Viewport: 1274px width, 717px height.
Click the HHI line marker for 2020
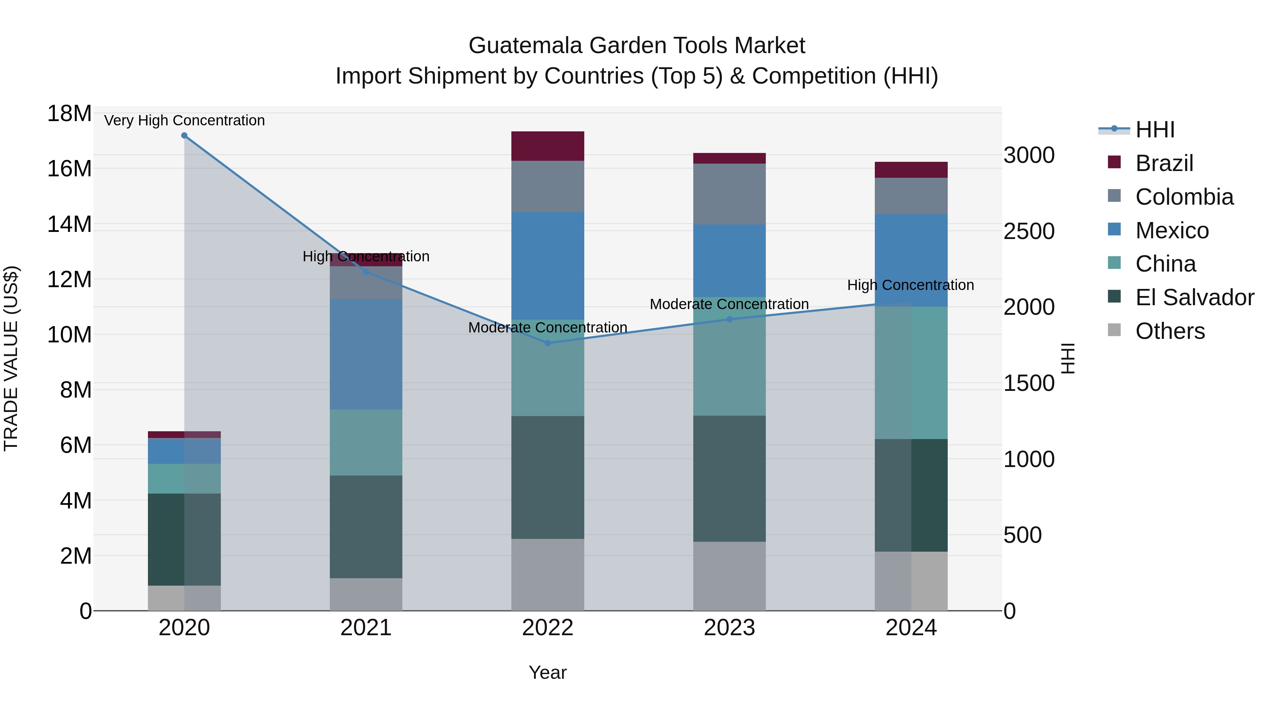pyautogui.click(x=184, y=135)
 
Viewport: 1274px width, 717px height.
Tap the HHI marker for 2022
pyautogui.click(x=547, y=343)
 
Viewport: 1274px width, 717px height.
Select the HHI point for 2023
pyautogui.click(x=729, y=319)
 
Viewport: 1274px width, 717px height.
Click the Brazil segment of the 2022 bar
pyautogui.click(x=547, y=146)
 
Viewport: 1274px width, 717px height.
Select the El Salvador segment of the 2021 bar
pyautogui.click(x=366, y=527)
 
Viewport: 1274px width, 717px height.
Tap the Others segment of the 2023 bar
pyautogui.click(x=729, y=576)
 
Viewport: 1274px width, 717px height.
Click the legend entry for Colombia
pyautogui.click(x=1184, y=197)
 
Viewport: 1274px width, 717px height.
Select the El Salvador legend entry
pyautogui.click(x=1194, y=297)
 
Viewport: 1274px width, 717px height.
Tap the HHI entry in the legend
pyautogui.click(x=1155, y=130)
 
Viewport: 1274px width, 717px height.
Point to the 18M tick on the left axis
pyautogui.click(x=69, y=113)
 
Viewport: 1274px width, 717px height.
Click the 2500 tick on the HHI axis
pyautogui.click(x=1029, y=231)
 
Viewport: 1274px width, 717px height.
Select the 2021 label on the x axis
pyautogui.click(x=366, y=628)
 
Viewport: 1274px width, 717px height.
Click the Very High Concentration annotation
pyautogui.click(x=184, y=120)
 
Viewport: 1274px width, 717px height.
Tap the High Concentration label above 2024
pyautogui.click(x=911, y=285)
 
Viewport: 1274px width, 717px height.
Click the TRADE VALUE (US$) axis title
pyautogui.click(x=11, y=358)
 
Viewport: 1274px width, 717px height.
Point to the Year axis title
pyautogui.click(x=547, y=672)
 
